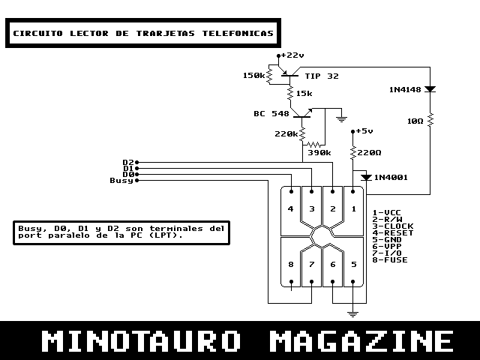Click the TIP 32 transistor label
[322, 76]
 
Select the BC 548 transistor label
[271, 114]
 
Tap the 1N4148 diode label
[406, 89]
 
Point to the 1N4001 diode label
[391, 177]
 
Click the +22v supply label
[293, 55]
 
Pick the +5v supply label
[364, 130]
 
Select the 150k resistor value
[254, 76]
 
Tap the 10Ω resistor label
[415, 120]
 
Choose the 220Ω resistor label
[370, 152]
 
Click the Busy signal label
[121, 180]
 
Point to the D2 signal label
[127, 162]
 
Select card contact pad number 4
[291, 208]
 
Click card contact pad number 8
[291, 264]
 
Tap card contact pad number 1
[354, 208]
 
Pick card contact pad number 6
[333, 264]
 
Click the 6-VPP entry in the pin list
[389, 246]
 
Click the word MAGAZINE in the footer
[360, 341]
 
